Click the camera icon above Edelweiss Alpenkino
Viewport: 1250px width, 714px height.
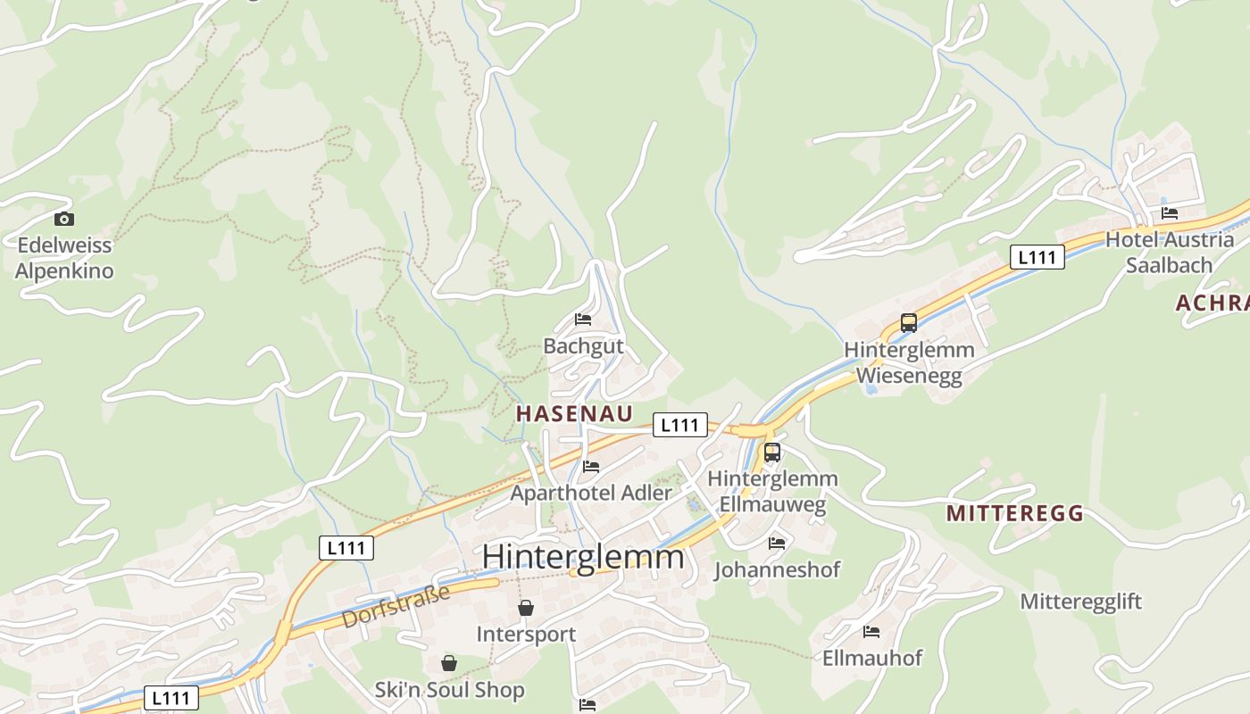64,219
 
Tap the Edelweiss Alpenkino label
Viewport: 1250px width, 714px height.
64,258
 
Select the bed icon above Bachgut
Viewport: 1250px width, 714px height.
583,319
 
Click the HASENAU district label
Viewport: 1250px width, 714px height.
574,413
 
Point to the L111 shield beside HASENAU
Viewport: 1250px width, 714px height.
679,425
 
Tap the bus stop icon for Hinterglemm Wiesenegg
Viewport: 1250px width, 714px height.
908,323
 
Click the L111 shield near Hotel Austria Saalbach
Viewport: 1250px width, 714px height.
1037,257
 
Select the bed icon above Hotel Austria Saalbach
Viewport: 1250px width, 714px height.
1170,213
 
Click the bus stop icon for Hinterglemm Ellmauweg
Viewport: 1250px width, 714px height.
772,452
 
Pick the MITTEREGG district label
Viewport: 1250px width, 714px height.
1014,513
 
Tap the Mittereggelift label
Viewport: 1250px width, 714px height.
1080,602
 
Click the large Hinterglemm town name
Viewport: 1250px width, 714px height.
583,557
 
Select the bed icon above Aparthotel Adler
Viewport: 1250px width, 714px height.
591,466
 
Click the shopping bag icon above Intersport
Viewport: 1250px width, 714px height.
526,608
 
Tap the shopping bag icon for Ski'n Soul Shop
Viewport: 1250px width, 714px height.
448,663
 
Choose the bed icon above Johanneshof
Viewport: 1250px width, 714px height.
777,543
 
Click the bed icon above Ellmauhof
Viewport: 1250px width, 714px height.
871,632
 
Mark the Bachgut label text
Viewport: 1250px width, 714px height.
583,345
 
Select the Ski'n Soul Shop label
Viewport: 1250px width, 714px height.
449,690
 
